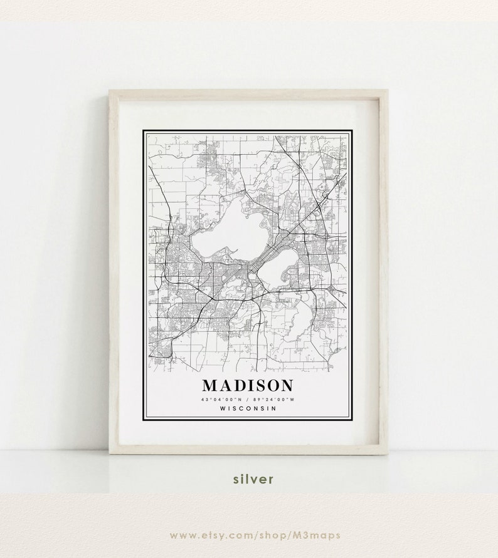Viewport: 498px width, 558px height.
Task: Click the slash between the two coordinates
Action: [x=247, y=399]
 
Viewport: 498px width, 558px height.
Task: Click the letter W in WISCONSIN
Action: [x=223, y=409]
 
